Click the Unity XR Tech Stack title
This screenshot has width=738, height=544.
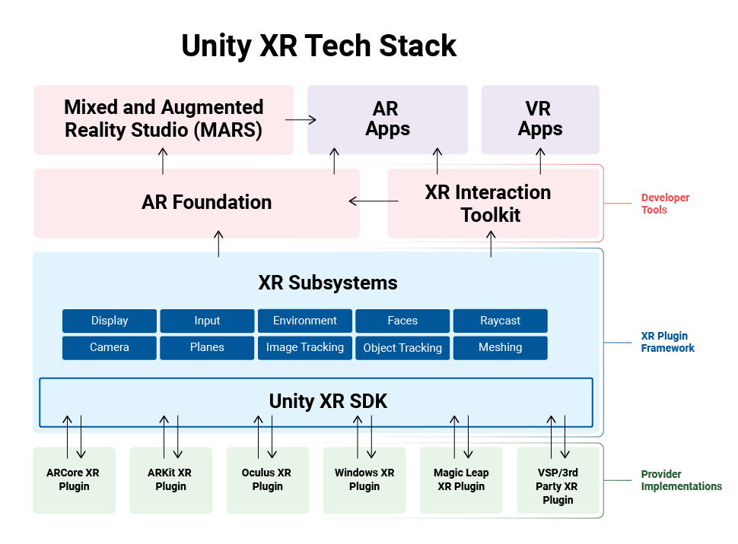(x=319, y=46)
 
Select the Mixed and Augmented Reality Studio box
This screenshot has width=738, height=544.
(x=164, y=119)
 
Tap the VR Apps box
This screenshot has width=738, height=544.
(x=540, y=119)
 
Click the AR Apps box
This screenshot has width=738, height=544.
(x=387, y=119)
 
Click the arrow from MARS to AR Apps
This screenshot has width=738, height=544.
(x=301, y=119)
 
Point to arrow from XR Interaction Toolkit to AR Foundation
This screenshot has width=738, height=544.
(x=374, y=201)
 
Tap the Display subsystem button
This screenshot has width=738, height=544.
(x=110, y=321)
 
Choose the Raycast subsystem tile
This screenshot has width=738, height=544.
(x=500, y=321)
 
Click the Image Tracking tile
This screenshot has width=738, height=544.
(x=305, y=347)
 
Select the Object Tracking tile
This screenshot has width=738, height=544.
(x=402, y=348)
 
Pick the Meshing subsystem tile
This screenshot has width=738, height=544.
(x=500, y=347)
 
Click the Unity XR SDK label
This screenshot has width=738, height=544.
(x=328, y=401)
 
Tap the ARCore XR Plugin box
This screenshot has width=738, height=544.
(x=74, y=480)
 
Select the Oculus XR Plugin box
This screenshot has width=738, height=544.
(x=267, y=480)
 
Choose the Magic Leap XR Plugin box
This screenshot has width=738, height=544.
(x=461, y=480)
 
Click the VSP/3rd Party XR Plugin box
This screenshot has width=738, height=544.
(x=558, y=486)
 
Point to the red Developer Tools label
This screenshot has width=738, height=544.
(x=665, y=204)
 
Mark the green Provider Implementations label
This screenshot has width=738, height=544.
(x=681, y=480)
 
